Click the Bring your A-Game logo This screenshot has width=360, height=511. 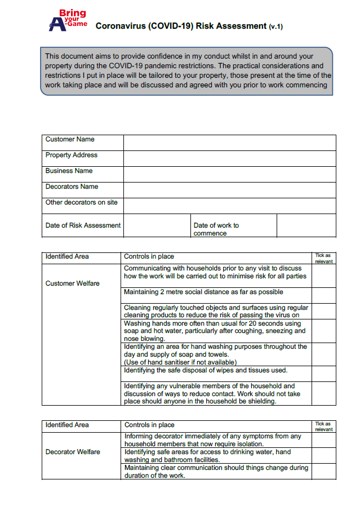pos(67,20)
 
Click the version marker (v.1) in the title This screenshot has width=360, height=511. pos(275,26)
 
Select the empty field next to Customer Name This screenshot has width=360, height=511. pos(229,143)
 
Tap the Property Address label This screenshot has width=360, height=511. pos(72,155)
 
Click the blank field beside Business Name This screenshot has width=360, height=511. pos(229,174)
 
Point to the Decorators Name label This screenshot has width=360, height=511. pos(72,186)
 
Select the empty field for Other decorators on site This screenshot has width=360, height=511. pos(229,206)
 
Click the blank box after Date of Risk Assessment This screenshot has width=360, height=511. pos(156,225)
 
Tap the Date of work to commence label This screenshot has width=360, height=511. pos(216,229)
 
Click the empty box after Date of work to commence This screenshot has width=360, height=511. pos(306,225)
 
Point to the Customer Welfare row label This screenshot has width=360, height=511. pos(72,283)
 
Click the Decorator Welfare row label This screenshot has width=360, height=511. pos(73,452)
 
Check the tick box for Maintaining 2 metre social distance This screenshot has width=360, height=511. pos(323,295)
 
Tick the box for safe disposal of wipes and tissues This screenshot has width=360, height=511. pos(323,374)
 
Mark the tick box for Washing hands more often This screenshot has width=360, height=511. pos(323,331)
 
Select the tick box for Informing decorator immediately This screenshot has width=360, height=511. pos(323,440)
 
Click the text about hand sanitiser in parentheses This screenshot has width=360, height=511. pos(180,362)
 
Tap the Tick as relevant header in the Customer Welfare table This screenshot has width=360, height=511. pos(323,259)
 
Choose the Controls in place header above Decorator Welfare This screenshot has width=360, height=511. pos(149,425)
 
